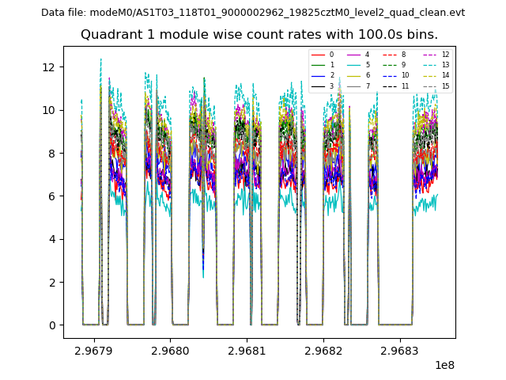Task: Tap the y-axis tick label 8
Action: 52,154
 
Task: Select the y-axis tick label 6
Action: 52,196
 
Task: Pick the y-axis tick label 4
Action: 52,239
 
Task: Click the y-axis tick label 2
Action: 52,283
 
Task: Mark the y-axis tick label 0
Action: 52,325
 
